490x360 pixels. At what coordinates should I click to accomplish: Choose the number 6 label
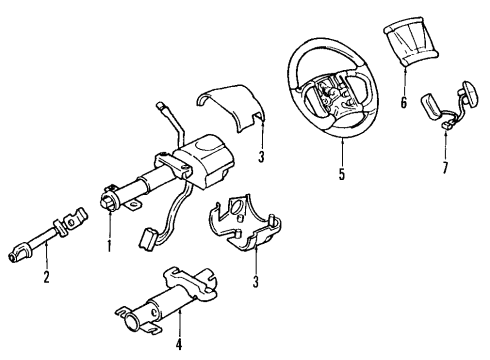[x=404, y=103]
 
